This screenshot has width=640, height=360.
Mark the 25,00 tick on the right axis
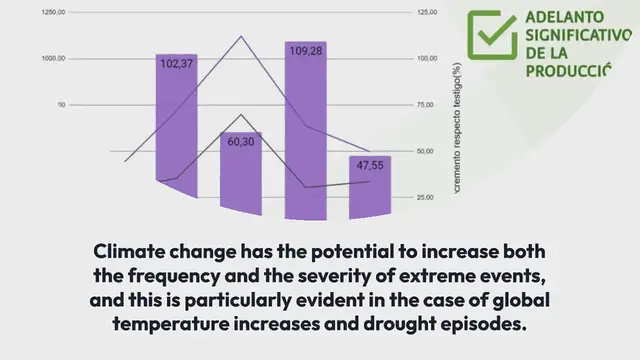(424, 197)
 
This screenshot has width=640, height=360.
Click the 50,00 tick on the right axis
(424, 151)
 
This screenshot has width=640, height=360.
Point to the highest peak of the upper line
(241, 37)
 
